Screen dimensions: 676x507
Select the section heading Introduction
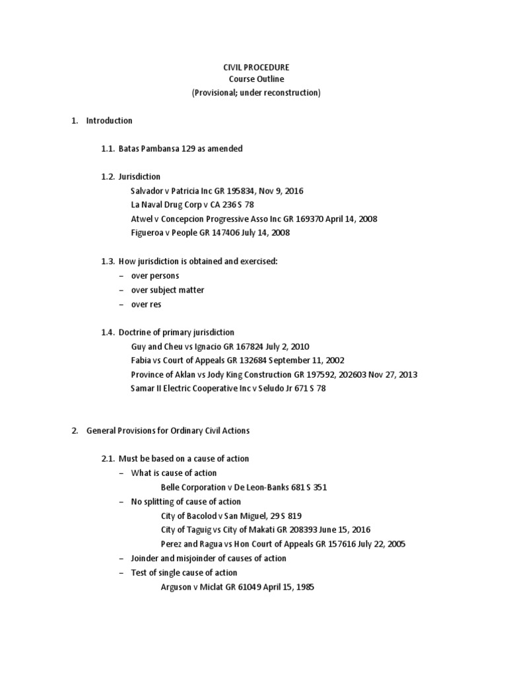click(x=109, y=121)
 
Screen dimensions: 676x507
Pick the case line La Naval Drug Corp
click(x=192, y=205)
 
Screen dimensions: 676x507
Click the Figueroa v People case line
click(x=210, y=232)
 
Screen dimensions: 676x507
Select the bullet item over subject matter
click(x=168, y=290)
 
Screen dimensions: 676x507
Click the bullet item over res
click(x=146, y=304)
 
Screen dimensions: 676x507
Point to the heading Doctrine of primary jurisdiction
click(x=176, y=332)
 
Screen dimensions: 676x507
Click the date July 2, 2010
click(x=287, y=346)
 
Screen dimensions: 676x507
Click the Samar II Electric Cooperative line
click(x=228, y=388)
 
